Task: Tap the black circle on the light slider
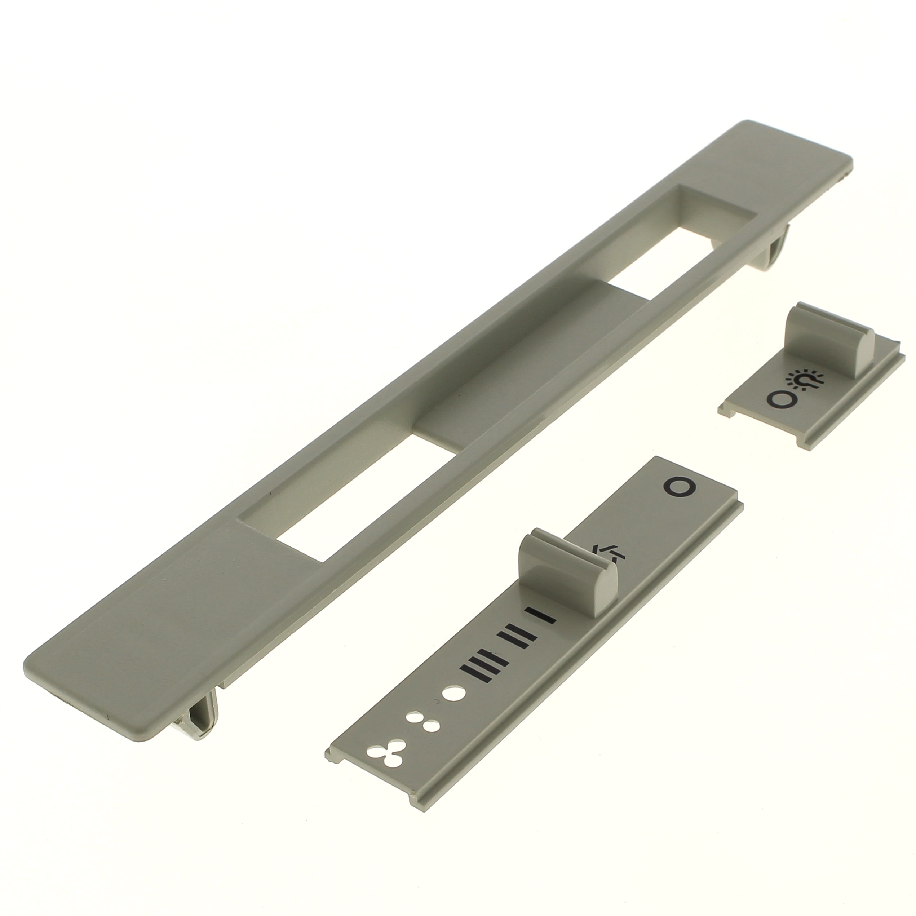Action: [x=779, y=399]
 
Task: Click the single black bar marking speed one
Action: [x=540, y=615]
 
